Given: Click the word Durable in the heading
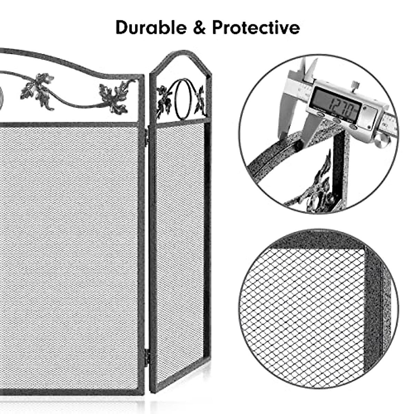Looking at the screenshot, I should tap(151, 28).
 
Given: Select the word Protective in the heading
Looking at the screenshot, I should tap(256, 28).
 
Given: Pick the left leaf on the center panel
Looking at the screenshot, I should tap(38, 89).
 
